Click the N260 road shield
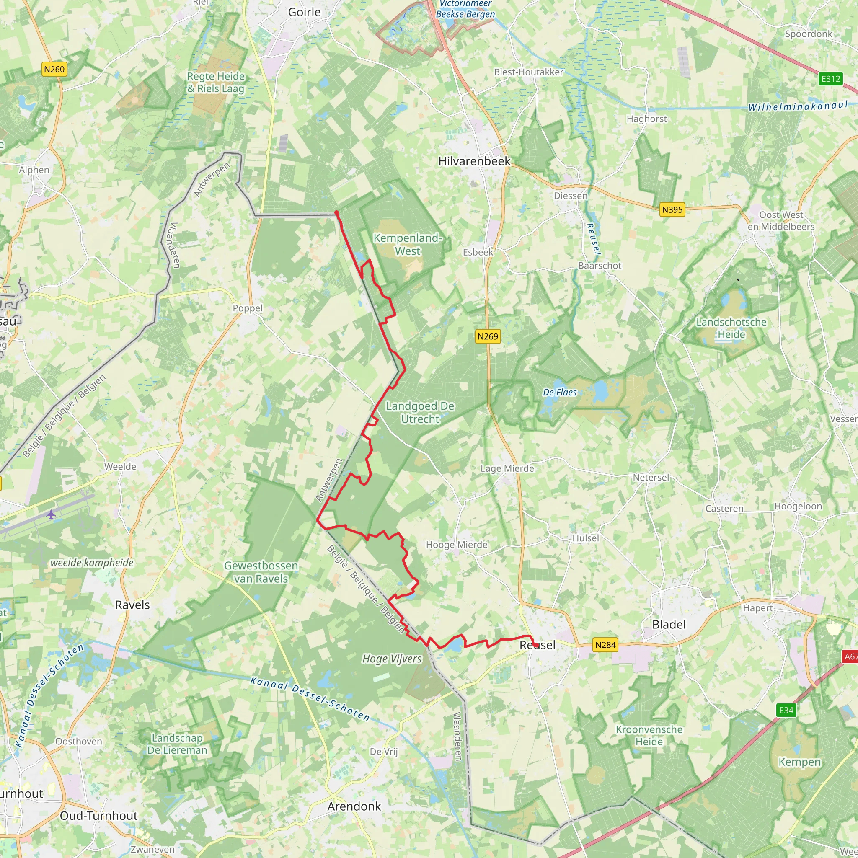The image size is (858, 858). pyautogui.click(x=54, y=69)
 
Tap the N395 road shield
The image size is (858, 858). pyautogui.click(x=672, y=209)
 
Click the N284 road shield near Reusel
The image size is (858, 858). pyautogui.click(x=605, y=644)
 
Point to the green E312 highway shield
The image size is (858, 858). pyautogui.click(x=830, y=79)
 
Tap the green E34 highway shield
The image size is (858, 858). pyautogui.click(x=786, y=710)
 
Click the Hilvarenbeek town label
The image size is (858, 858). pyautogui.click(x=474, y=161)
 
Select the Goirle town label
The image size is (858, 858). pyautogui.click(x=304, y=12)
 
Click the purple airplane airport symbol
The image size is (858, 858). pyautogui.click(x=52, y=515)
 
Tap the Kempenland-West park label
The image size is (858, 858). pyautogui.click(x=407, y=244)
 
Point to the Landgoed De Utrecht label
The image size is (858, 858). pyautogui.click(x=420, y=412)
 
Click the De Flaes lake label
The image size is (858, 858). pyautogui.click(x=560, y=392)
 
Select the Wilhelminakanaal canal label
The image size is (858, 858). pyautogui.click(x=798, y=106)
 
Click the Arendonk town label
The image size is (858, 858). pyautogui.click(x=354, y=806)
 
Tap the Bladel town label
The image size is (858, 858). pyautogui.click(x=669, y=624)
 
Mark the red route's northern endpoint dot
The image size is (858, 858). pyautogui.click(x=337, y=213)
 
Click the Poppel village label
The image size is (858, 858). pyautogui.click(x=247, y=308)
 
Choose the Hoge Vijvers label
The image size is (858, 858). pyautogui.click(x=392, y=659)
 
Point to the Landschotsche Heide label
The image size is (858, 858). pyautogui.click(x=731, y=328)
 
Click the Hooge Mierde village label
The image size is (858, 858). pyautogui.click(x=457, y=545)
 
